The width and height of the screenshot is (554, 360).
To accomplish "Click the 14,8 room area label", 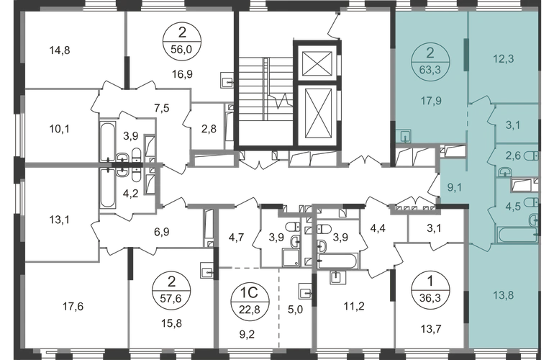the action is pos(60,50).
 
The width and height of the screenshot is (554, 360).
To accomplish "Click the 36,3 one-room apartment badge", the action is pos(430,291).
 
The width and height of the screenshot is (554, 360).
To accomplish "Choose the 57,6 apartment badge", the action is pos(171,292).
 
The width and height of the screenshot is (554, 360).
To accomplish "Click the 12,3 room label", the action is pos(503,59).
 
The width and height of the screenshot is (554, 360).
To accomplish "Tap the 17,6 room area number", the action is pos(73,306).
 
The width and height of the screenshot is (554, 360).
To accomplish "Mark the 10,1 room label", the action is pos(60,130).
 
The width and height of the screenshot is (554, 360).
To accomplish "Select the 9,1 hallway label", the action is pos(455,187).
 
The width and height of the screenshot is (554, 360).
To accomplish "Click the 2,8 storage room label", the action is pos(209,129).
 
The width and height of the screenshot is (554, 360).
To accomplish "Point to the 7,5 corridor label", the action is pos(161,108).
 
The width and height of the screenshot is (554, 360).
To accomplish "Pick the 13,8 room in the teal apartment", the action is pos(503,295).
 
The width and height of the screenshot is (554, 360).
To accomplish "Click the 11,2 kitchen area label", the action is pos(354,306).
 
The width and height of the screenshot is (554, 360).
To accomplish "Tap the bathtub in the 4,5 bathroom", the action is pos(517,235).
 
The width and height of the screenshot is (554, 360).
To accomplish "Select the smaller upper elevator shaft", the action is pos(317,63).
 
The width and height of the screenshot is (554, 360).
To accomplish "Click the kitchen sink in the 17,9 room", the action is pos(403,135).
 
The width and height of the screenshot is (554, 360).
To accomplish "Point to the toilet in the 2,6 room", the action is pos(531,156).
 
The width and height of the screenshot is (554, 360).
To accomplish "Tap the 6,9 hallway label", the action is pos(161,232).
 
